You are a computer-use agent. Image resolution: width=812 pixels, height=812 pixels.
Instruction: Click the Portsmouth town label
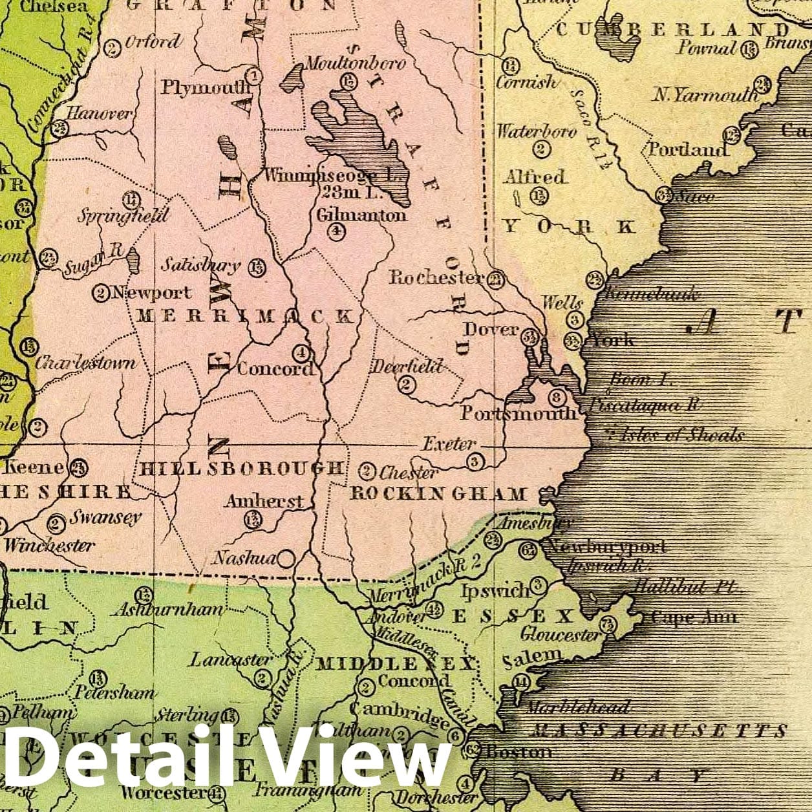[518, 413]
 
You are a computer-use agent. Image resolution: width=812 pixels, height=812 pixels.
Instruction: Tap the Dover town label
[491, 330]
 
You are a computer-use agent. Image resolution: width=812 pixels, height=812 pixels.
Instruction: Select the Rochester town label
[436, 277]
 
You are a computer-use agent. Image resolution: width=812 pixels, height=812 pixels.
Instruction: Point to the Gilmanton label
[361, 215]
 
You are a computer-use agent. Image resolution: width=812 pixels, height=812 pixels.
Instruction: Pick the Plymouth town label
[205, 87]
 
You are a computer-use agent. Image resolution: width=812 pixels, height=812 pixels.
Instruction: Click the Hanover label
[100, 114]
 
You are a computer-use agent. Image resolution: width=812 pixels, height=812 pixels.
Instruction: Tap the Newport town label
[151, 293]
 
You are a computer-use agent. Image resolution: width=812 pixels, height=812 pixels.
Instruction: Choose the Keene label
[34, 467]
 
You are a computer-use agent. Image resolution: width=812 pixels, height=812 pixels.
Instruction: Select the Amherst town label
[264, 501]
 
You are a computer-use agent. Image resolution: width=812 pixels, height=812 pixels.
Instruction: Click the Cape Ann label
[694, 617]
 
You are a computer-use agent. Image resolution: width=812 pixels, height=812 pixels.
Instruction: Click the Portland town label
[688, 149]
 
